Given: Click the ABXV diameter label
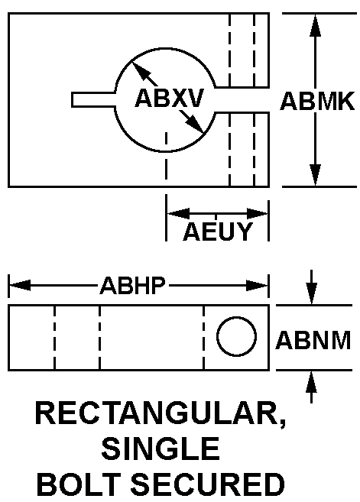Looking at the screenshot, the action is (169, 98).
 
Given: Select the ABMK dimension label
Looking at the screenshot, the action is (317, 101).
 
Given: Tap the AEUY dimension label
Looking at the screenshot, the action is (218, 232).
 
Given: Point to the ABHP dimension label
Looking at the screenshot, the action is (133, 285).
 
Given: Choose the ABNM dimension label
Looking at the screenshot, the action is (313, 340).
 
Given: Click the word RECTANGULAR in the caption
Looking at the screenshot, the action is (161, 415).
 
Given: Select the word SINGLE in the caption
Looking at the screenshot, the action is (161, 449).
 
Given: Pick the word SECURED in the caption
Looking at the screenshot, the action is (208, 484).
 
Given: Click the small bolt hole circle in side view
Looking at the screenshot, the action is (236, 336).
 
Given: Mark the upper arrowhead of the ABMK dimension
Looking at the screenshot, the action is (315, 25).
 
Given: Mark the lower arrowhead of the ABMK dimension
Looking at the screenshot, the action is (315, 175).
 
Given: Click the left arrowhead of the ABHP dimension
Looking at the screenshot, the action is (20, 285).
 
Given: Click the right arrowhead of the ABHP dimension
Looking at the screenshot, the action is (257, 285).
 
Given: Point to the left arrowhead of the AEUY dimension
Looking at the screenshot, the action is (178, 213).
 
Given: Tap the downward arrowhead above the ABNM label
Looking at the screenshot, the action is (312, 293).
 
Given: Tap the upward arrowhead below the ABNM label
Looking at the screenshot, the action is (312, 381).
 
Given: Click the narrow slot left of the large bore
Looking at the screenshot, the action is (93, 99).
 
